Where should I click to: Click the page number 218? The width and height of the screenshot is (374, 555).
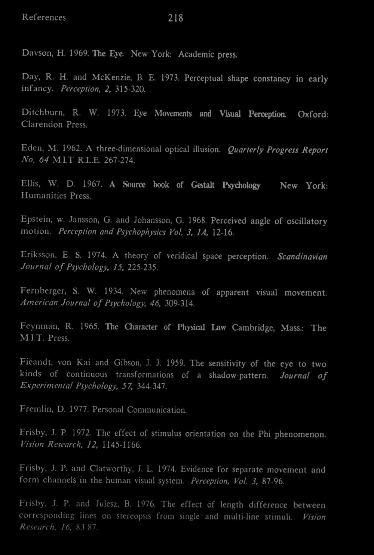175,18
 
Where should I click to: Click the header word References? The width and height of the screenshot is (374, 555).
44,18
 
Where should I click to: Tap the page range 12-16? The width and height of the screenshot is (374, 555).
223,233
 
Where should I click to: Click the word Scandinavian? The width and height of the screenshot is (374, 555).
302,257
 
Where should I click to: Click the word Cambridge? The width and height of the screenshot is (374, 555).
253,328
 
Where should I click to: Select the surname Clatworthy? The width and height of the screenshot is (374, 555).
112,469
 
